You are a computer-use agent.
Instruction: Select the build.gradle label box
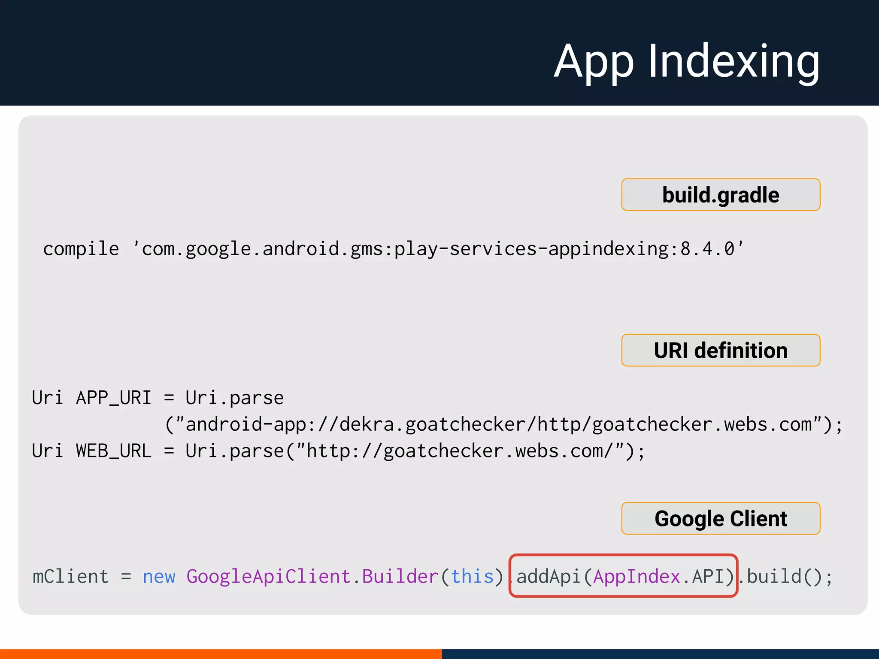pyautogui.click(x=721, y=195)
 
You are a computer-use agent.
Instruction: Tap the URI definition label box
pyautogui.click(x=721, y=350)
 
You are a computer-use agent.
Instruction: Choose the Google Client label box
pyautogui.click(x=721, y=518)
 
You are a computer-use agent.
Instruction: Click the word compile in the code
pyautogui.click(x=81, y=249)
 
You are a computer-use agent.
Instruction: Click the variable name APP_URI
pyautogui.click(x=113, y=398)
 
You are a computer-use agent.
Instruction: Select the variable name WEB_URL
pyautogui.click(x=113, y=451)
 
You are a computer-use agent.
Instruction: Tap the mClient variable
pyautogui.click(x=70, y=576)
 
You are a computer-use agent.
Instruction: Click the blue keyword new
pyautogui.click(x=159, y=576)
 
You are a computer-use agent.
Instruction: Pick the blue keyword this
pyautogui.click(x=472, y=576)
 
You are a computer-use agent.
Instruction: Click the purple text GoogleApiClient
pyautogui.click(x=268, y=576)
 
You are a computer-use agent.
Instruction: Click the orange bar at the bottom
pyautogui.click(x=221, y=654)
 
